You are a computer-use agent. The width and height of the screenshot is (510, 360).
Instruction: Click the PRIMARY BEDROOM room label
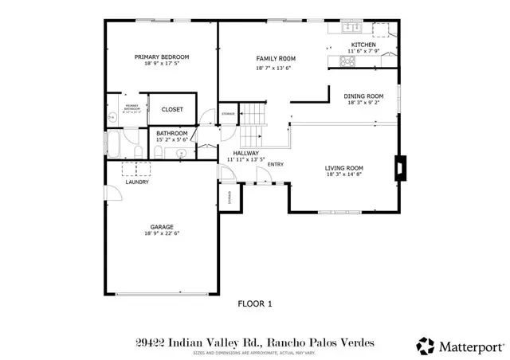pyautogui.click(x=162, y=57)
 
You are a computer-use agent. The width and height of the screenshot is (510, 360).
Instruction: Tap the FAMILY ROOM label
pyautogui.click(x=276, y=59)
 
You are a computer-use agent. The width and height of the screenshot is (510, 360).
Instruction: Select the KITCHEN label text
pyautogui.click(x=364, y=45)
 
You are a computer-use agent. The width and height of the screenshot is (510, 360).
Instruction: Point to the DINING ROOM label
pyautogui.click(x=364, y=95)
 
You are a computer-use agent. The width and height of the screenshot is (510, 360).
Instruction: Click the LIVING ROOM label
pyautogui.click(x=344, y=168)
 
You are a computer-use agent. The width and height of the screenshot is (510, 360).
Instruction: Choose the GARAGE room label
pyautogui.click(x=162, y=227)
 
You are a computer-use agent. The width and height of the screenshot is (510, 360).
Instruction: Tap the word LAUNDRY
pyautogui.click(x=137, y=182)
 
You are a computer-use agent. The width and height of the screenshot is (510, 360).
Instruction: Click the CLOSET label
pyautogui.click(x=172, y=109)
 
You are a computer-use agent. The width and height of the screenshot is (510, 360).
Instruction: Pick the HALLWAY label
pyautogui.click(x=246, y=152)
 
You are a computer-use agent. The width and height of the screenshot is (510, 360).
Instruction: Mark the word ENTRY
pyautogui.click(x=276, y=165)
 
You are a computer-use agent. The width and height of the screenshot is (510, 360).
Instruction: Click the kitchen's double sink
pyautogui.click(x=351, y=29)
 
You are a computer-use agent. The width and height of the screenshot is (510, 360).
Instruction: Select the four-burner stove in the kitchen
pyautogui.click(x=349, y=60)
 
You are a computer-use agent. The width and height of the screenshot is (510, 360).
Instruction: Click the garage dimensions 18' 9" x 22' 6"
pyautogui.click(x=162, y=234)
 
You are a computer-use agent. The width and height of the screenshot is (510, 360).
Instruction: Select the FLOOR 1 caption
pyautogui.click(x=256, y=303)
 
